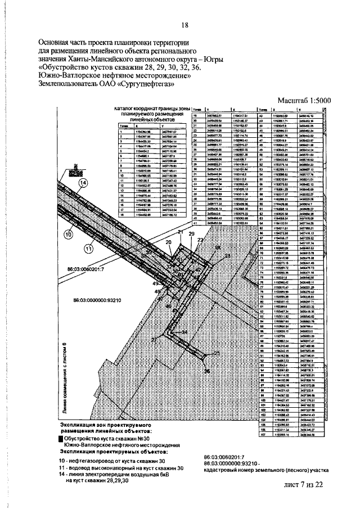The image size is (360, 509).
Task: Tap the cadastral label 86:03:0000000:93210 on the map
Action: (107, 300)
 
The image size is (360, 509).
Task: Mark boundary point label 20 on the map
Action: (168, 242)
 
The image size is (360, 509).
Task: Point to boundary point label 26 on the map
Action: (206, 372)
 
